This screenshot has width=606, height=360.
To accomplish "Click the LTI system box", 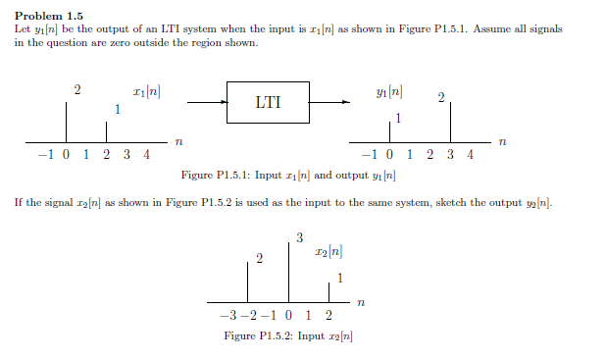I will [267, 101].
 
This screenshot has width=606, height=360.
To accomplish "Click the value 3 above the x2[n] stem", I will [299, 236].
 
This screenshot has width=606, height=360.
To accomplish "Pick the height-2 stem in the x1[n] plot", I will [66, 123].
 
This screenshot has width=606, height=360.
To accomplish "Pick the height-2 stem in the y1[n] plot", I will [451, 124].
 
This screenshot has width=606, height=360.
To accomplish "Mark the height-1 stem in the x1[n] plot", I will [107, 132].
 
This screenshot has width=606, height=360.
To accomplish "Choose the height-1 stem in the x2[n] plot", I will [328, 291].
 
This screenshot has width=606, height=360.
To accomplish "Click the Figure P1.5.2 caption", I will [288, 336].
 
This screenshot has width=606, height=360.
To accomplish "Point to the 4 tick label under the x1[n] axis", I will [146, 154].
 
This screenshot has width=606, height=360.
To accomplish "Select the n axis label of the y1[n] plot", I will [502, 143].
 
